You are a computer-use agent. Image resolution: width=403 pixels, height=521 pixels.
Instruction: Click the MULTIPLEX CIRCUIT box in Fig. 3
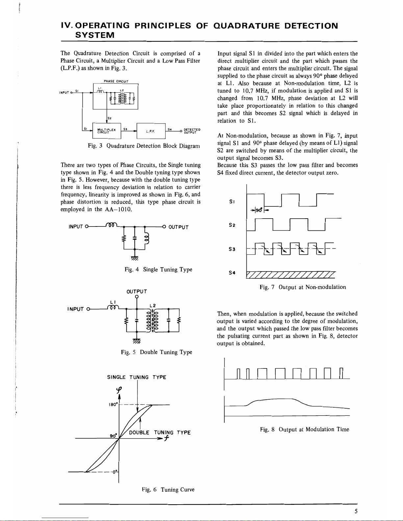pos(107,131)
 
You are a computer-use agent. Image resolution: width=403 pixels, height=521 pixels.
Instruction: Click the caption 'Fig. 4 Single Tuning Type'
pos(158,270)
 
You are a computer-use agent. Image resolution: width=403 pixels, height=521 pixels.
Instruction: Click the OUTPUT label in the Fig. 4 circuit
pos(178,227)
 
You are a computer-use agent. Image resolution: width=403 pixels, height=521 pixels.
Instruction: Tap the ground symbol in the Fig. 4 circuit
pos(134,259)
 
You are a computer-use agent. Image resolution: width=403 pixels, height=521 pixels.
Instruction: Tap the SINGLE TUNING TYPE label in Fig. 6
pos(137,377)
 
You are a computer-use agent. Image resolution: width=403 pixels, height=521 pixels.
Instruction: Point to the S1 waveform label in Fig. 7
pos(232,202)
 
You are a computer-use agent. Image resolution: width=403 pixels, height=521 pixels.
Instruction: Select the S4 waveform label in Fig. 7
pos(232,272)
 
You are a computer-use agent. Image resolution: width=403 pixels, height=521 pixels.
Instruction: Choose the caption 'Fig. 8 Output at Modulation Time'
pos(304,429)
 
